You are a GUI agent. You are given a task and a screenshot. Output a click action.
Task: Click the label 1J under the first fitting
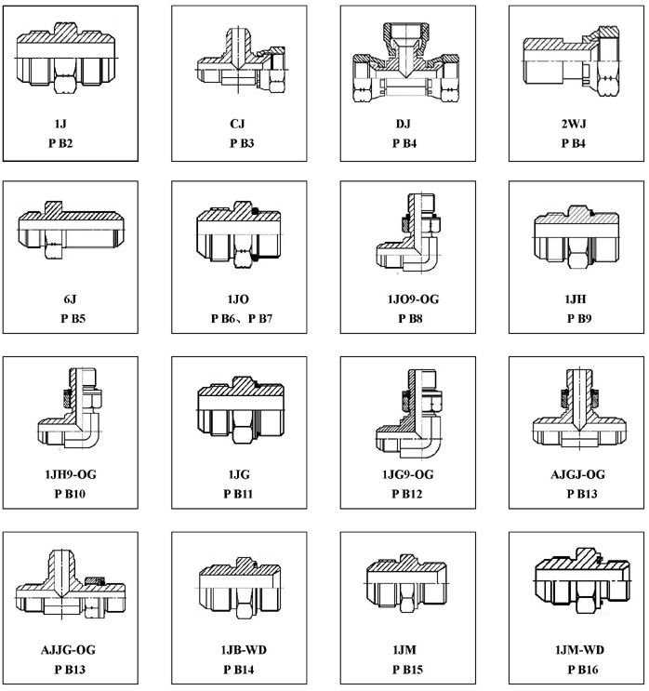tap(60, 124)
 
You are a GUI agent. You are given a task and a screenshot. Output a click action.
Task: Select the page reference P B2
tap(60, 143)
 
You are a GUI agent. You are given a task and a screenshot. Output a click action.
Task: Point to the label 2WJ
tap(574, 124)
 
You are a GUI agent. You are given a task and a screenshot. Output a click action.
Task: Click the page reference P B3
tap(242, 143)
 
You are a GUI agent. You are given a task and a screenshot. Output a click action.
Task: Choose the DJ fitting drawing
tap(405, 63)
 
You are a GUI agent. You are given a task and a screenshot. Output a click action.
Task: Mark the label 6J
tap(70, 299)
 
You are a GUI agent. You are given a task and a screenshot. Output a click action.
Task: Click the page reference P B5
tap(73, 319)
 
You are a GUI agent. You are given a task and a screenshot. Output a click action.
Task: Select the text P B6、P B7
tap(242, 319)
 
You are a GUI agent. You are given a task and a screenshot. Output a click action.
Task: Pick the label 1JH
tap(576, 299)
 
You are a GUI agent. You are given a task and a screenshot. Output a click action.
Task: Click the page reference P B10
tap(70, 494)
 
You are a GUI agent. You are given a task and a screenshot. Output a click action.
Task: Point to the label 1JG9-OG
tap(407, 474)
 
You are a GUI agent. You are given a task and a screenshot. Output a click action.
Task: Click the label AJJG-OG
tap(68, 650)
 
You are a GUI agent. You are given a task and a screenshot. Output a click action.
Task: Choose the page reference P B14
tap(238, 670)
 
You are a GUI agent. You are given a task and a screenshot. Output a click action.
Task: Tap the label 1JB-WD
tap(244, 650)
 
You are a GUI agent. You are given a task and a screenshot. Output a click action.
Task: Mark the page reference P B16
tap(583, 670)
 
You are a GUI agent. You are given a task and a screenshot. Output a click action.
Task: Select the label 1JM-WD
tap(579, 650)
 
